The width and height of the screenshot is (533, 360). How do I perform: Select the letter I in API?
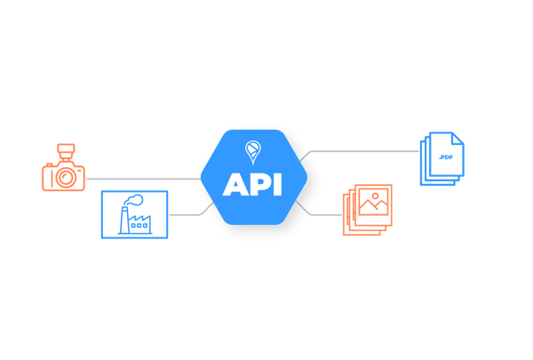pyautogui.click(x=279, y=184)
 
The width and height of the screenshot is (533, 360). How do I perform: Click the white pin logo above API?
pyautogui.click(x=253, y=150)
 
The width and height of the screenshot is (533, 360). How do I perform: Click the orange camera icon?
pyautogui.click(x=63, y=170)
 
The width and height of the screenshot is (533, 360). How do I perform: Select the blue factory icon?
pyautogui.click(x=134, y=214)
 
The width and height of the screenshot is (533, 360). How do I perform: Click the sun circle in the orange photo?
pyautogui.click(x=377, y=196)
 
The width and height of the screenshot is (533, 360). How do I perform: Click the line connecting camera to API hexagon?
pyautogui.click(x=142, y=179)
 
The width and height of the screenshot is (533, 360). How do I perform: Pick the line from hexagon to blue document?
pyautogui.click(x=364, y=151)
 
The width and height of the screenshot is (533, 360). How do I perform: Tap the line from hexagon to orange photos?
pyautogui.click(x=322, y=214)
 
